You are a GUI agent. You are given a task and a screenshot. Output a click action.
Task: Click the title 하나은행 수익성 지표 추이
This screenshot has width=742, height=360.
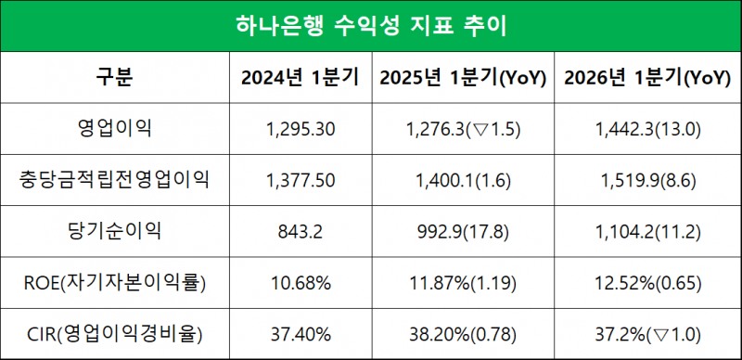[370, 26]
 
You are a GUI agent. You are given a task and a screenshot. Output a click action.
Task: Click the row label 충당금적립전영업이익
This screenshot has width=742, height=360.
[114, 179]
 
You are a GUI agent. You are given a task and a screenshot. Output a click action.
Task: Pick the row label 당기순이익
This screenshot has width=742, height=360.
[114, 229]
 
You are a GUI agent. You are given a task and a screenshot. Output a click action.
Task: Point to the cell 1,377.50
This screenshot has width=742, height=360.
[300, 179]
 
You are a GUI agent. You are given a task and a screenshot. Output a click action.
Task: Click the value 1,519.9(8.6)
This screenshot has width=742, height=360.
[646, 179]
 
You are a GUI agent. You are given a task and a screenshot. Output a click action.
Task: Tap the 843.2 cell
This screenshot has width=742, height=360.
[300, 229]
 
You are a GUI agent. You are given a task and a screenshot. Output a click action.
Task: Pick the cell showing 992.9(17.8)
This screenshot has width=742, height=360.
[462, 229]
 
